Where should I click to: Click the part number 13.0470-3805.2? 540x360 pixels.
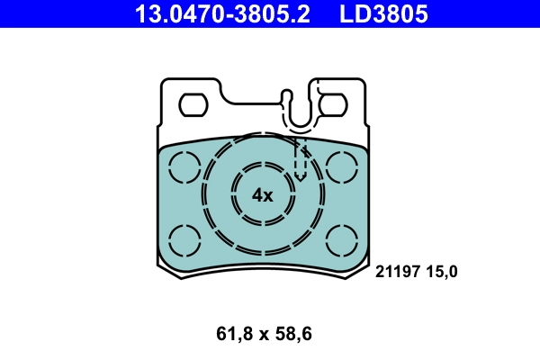(221, 13)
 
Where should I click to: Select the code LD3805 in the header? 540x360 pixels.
(382, 13)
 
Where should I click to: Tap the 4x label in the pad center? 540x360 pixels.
(262, 195)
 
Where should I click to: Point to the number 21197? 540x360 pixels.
(398, 270)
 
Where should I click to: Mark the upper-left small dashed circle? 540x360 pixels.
(184, 166)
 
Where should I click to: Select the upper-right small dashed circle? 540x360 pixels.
(343, 166)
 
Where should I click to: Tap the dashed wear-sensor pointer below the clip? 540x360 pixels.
(301, 158)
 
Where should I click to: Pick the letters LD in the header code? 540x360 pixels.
(353, 13)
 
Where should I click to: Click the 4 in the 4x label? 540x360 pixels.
(256, 195)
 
